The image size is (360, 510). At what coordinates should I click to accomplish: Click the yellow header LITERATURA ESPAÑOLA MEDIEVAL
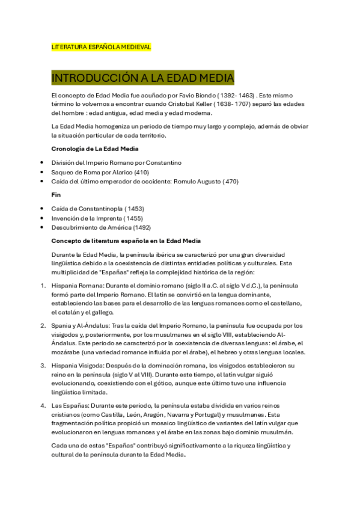102,46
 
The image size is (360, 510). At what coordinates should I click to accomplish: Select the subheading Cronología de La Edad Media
95,149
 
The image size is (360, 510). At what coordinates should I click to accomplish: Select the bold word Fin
56,195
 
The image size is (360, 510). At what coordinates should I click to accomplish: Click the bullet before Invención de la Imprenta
41,218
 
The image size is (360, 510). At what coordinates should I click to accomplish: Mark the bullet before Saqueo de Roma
41,172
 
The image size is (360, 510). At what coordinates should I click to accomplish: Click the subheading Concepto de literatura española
103,241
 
